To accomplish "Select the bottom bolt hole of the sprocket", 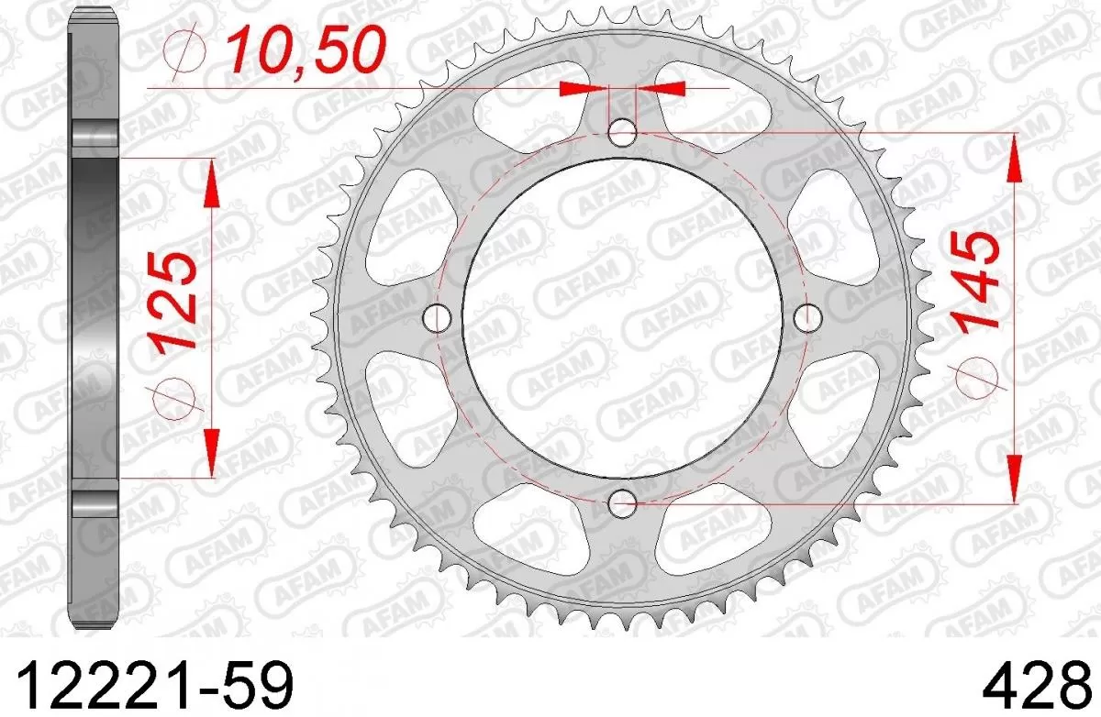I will click(623, 502).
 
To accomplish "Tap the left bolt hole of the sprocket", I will click(439, 318).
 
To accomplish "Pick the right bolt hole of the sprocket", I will click(807, 318).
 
